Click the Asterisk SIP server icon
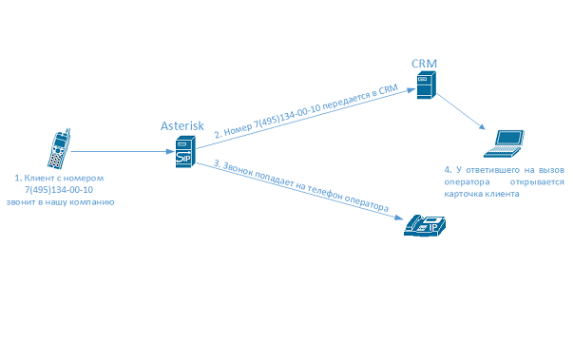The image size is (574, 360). coord(184,152)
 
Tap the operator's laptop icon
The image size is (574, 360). coord(504,143)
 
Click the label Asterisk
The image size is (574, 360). coord(182,125)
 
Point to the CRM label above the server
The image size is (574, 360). coord(424,63)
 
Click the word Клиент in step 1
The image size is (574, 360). coord(43,178)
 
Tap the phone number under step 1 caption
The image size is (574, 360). coord(58,189)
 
